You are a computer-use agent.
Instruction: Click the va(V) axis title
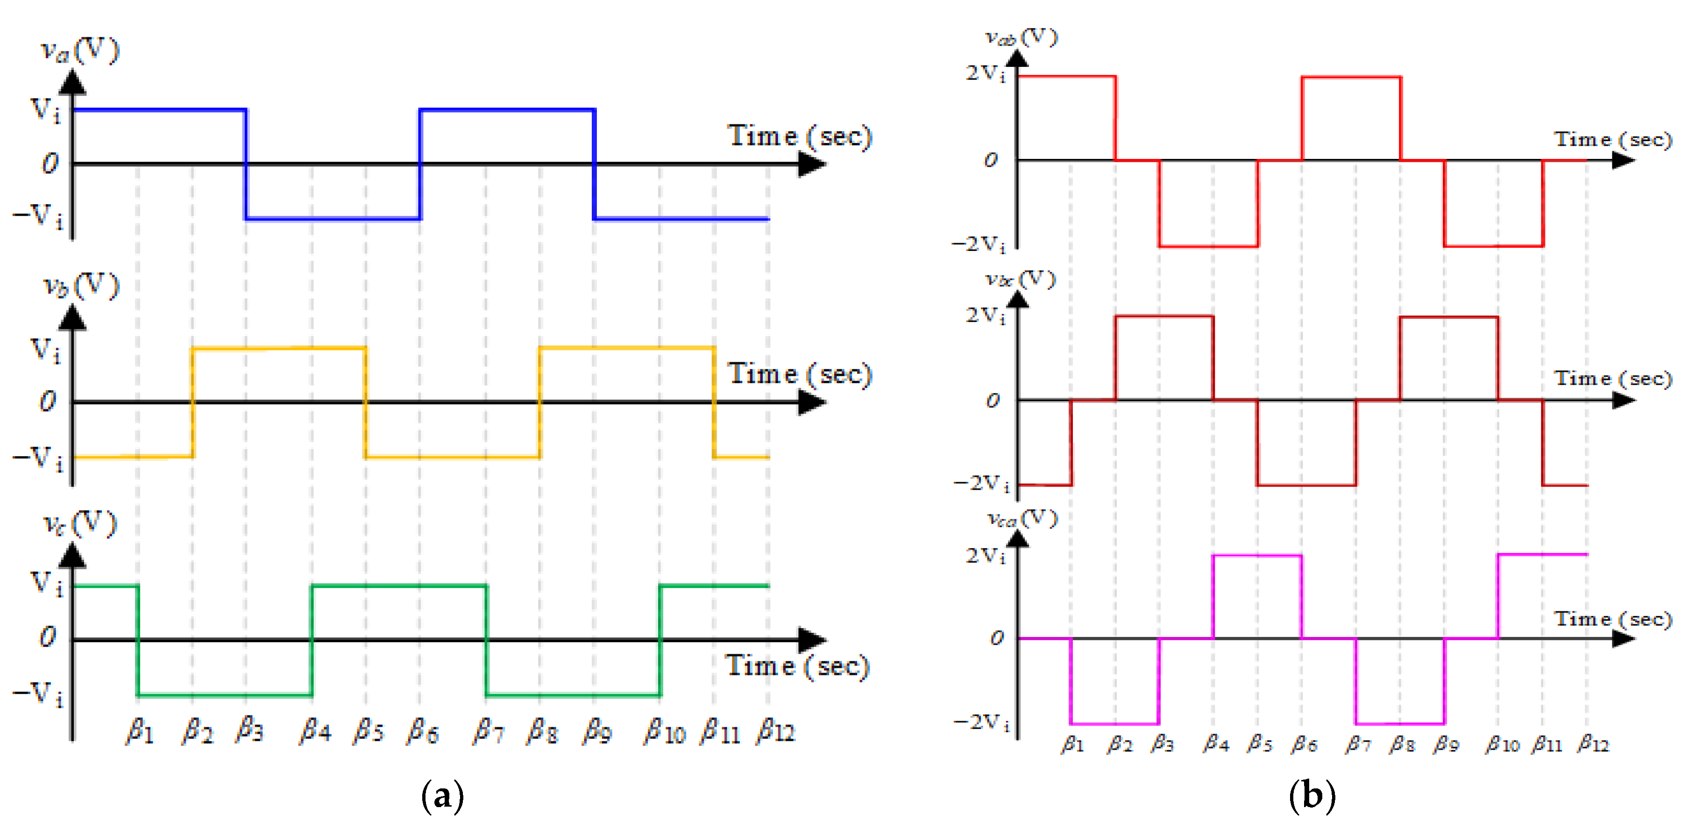(x=80, y=50)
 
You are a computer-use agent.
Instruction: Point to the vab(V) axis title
(x=1021, y=37)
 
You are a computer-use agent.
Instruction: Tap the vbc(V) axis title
(x=1021, y=279)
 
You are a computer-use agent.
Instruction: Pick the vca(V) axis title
(x=1022, y=519)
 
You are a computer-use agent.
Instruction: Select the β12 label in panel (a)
(x=776, y=730)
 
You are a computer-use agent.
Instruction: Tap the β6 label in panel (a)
(x=423, y=730)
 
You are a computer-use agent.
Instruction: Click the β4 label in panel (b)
(x=1216, y=744)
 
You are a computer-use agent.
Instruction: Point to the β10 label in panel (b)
(x=1503, y=744)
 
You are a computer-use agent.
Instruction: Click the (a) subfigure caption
(x=443, y=796)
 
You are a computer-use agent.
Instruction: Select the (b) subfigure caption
(x=1312, y=796)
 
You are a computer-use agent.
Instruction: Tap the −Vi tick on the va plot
(x=39, y=216)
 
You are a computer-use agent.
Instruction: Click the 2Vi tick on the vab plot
(x=986, y=73)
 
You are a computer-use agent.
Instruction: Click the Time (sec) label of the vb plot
(x=800, y=374)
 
